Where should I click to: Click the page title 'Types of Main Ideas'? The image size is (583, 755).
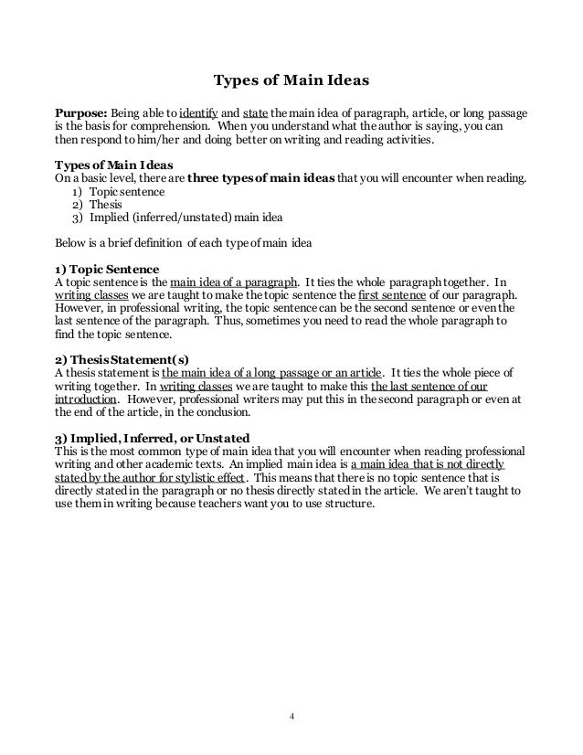[x=291, y=80]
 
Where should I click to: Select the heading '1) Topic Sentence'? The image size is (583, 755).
[x=107, y=270]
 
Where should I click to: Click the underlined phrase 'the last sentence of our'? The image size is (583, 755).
[x=440, y=387]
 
